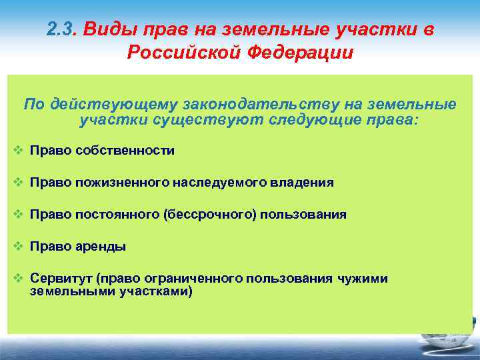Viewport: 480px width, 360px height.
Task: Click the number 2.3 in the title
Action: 63,29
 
